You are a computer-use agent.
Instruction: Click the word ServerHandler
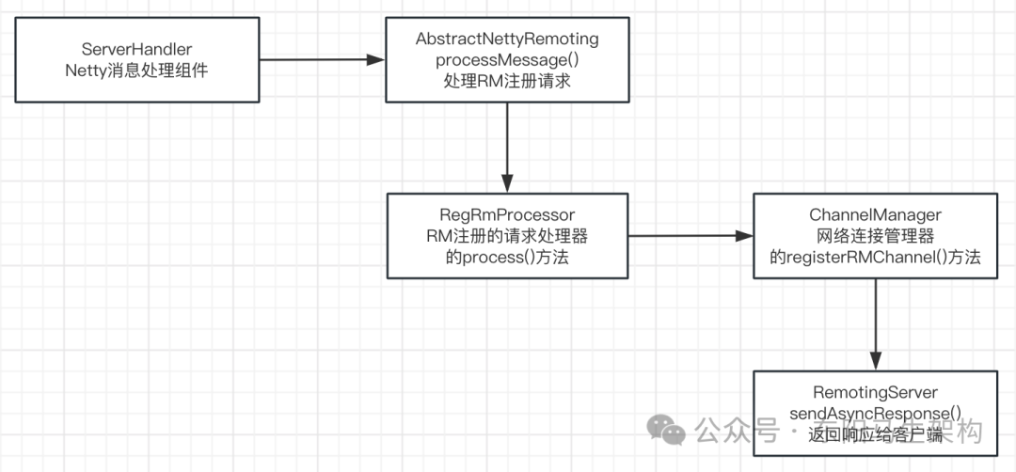[x=137, y=48]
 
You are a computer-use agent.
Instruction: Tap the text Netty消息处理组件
[x=137, y=70]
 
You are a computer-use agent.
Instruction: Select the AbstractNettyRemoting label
[x=507, y=39]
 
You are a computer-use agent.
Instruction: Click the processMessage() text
[x=507, y=59]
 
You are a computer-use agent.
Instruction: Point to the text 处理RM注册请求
[x=507, y=81]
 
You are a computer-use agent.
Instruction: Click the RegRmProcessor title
[x=507, y=215]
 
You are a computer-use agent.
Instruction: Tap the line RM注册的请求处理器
[x=507, y=236]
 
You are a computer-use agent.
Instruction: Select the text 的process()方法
[x=507, y=258]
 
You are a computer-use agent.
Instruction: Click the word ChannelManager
[x=875, y=215]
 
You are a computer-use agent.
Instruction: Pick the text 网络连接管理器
[x=875, y=236]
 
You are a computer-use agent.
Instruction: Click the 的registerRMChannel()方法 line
[x=875, y=258]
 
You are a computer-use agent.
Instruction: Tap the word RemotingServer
[x=875, y=391]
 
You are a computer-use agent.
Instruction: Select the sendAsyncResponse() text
[x=875, y=412]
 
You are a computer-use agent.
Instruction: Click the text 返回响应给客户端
[x=875, y=433]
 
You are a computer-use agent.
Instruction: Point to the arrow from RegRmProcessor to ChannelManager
[x=690, y=236]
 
